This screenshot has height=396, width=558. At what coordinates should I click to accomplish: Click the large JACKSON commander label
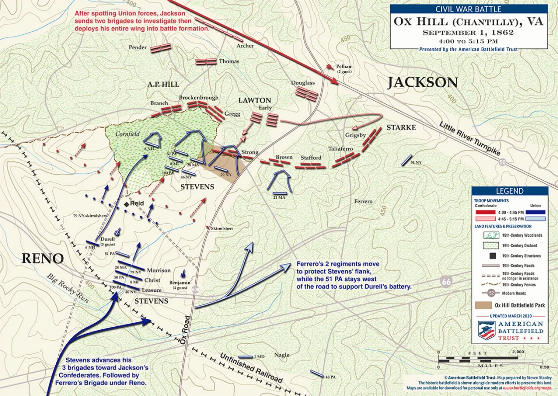point(422,82)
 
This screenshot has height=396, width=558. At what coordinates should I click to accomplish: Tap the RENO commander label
point(42,259)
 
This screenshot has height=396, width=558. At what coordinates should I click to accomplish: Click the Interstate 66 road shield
point(446,282)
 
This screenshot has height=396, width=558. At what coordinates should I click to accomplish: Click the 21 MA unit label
point(279,198)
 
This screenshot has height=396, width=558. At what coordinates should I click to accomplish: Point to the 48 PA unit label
point(330,377)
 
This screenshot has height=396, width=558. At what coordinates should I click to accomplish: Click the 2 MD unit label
point(259,357)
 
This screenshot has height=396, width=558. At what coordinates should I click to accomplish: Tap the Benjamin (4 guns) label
point(180,285)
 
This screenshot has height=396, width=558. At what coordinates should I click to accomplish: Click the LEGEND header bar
point(509,191)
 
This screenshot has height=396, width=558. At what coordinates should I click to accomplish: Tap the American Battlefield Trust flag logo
point(486,330)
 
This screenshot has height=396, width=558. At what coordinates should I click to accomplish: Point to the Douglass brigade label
point(303,83)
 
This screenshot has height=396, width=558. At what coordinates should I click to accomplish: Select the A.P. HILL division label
point(163,84)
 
